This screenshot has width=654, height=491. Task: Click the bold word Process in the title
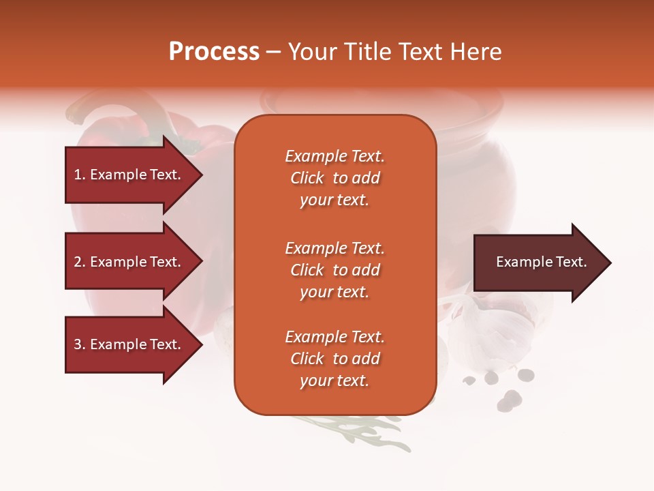tap(214, 52)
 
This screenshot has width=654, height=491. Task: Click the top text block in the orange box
tap(334, 178)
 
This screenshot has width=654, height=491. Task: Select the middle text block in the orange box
tap(334, 270)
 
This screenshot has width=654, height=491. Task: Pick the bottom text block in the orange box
tap(334, 359)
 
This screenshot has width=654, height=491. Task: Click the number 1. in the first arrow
tap(80, 175)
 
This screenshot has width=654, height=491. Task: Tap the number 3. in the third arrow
tap(80, 344)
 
